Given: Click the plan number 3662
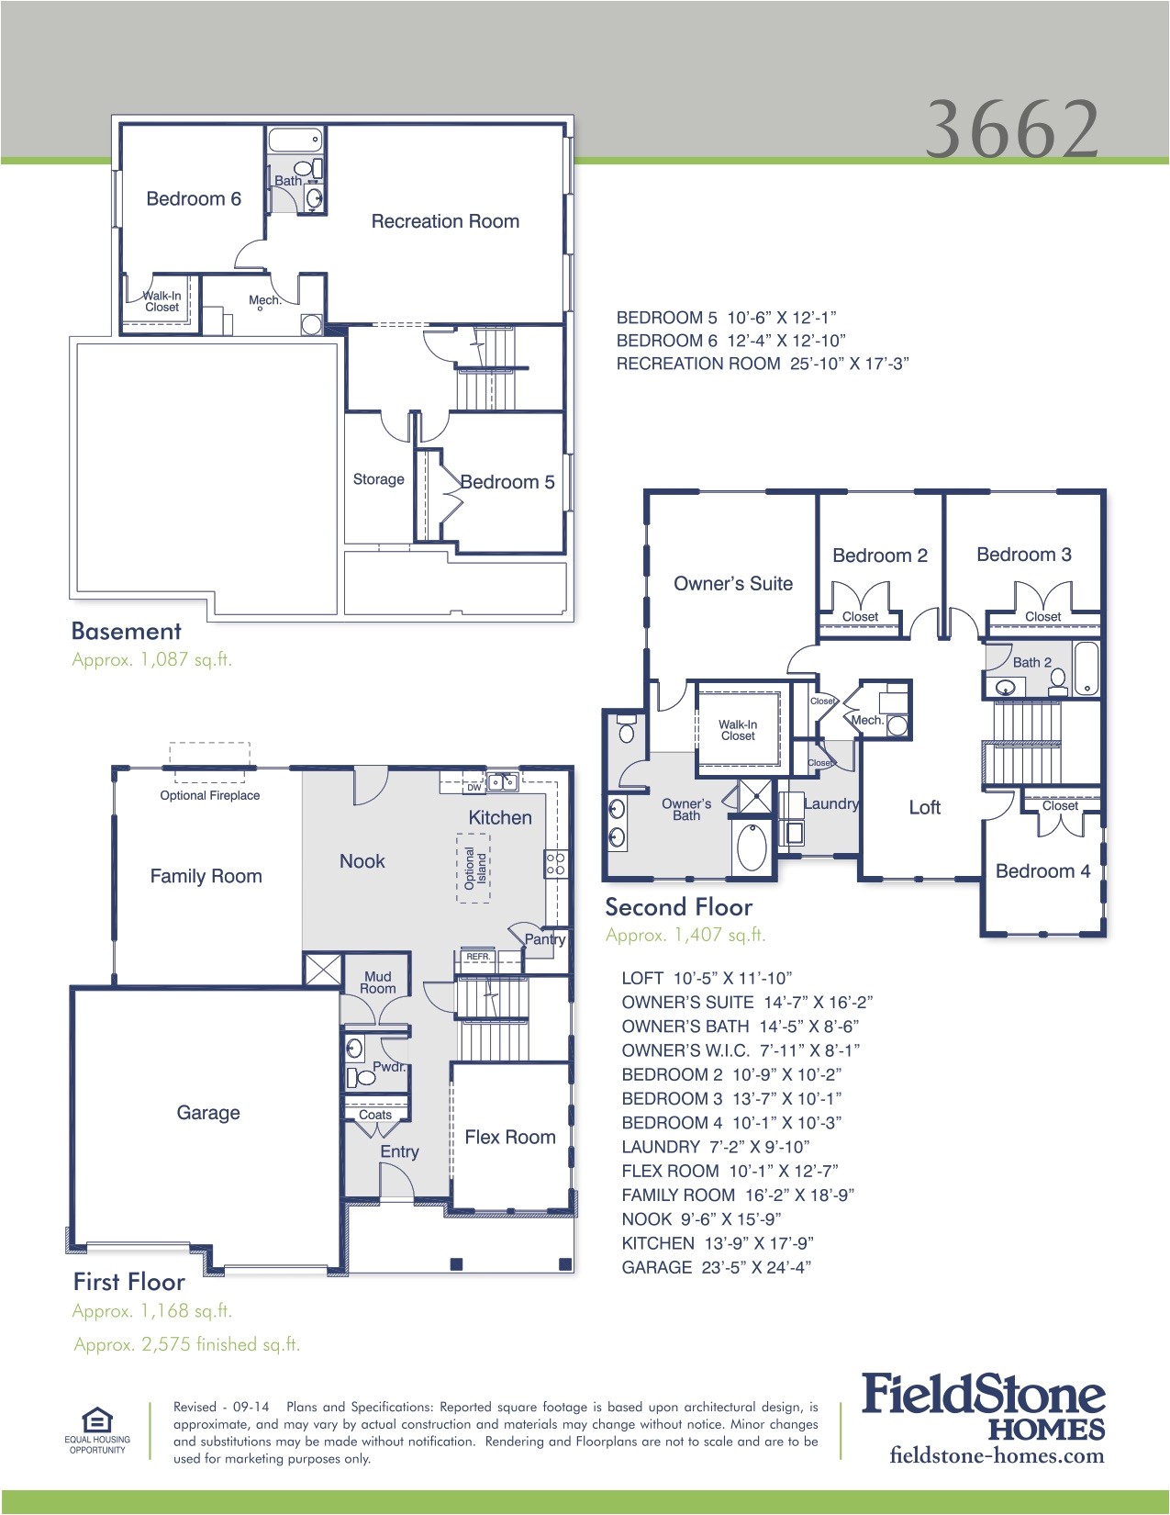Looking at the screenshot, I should click(x=1011, y=129).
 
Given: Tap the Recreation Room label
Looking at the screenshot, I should click(x=445, y=221).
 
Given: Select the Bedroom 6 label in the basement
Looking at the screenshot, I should click(x=194, y=199).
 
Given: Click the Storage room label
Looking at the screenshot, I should click(x=378, y=479).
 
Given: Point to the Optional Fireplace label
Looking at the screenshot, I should click(x=209, y=795).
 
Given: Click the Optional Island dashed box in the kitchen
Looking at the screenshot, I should click(x=474, y=868).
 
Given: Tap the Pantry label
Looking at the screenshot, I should click(x=544, y=939).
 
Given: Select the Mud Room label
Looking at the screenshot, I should click(x=377, y=982).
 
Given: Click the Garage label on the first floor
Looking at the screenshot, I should click(x=208, y=1113).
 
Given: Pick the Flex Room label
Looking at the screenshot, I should click(x=509, y=1138).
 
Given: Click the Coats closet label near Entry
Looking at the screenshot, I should click(x=374, y=1115).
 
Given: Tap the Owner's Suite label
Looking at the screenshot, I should click(x=732, y=584).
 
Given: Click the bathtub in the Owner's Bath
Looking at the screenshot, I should click(x=752, y=847).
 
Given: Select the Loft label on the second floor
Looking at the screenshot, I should click(x=924, y=808).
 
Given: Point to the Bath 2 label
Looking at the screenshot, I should click(x=1031, y=662).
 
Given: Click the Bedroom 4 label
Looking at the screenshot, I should click(x=1042, y=871).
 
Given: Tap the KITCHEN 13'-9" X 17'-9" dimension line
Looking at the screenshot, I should click(x=717, y=1243).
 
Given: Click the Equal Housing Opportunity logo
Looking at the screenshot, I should click(x=97, y=1429).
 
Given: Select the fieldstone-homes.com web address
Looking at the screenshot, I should click(x=997, y=1455).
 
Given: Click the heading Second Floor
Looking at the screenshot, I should click(x=678, y=907).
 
